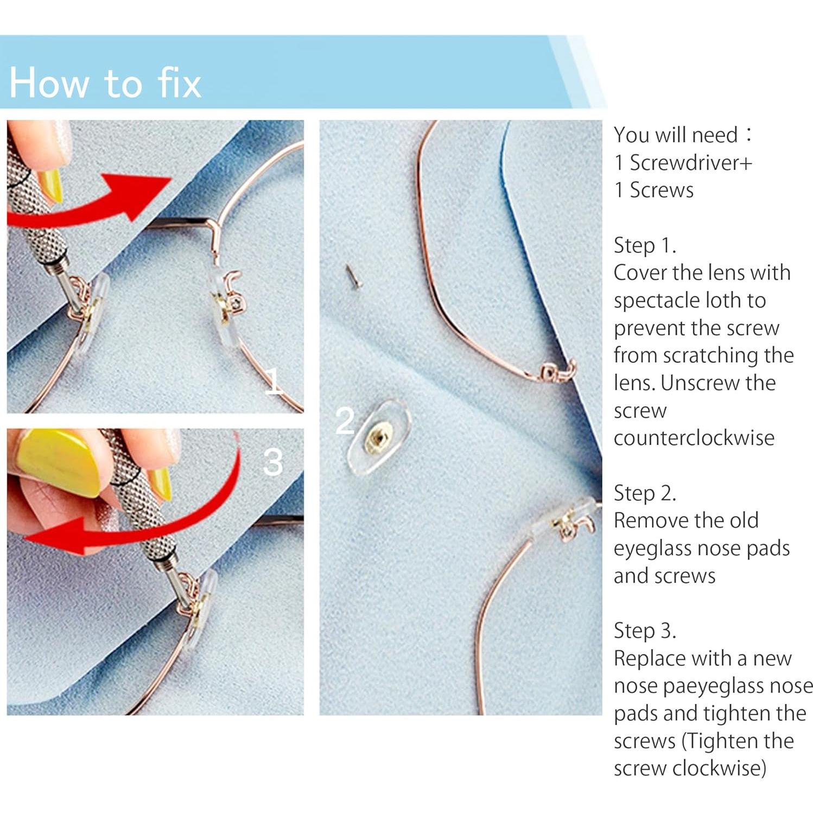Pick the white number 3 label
[273, 462]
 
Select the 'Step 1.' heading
[645, 246]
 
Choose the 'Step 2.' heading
[645, 493]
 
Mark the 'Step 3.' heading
[645, 631]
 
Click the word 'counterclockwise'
[694, 438]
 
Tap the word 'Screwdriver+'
[691, 163]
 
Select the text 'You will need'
[676, 135]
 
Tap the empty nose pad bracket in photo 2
[557, 372]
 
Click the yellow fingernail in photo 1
[52, 186]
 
